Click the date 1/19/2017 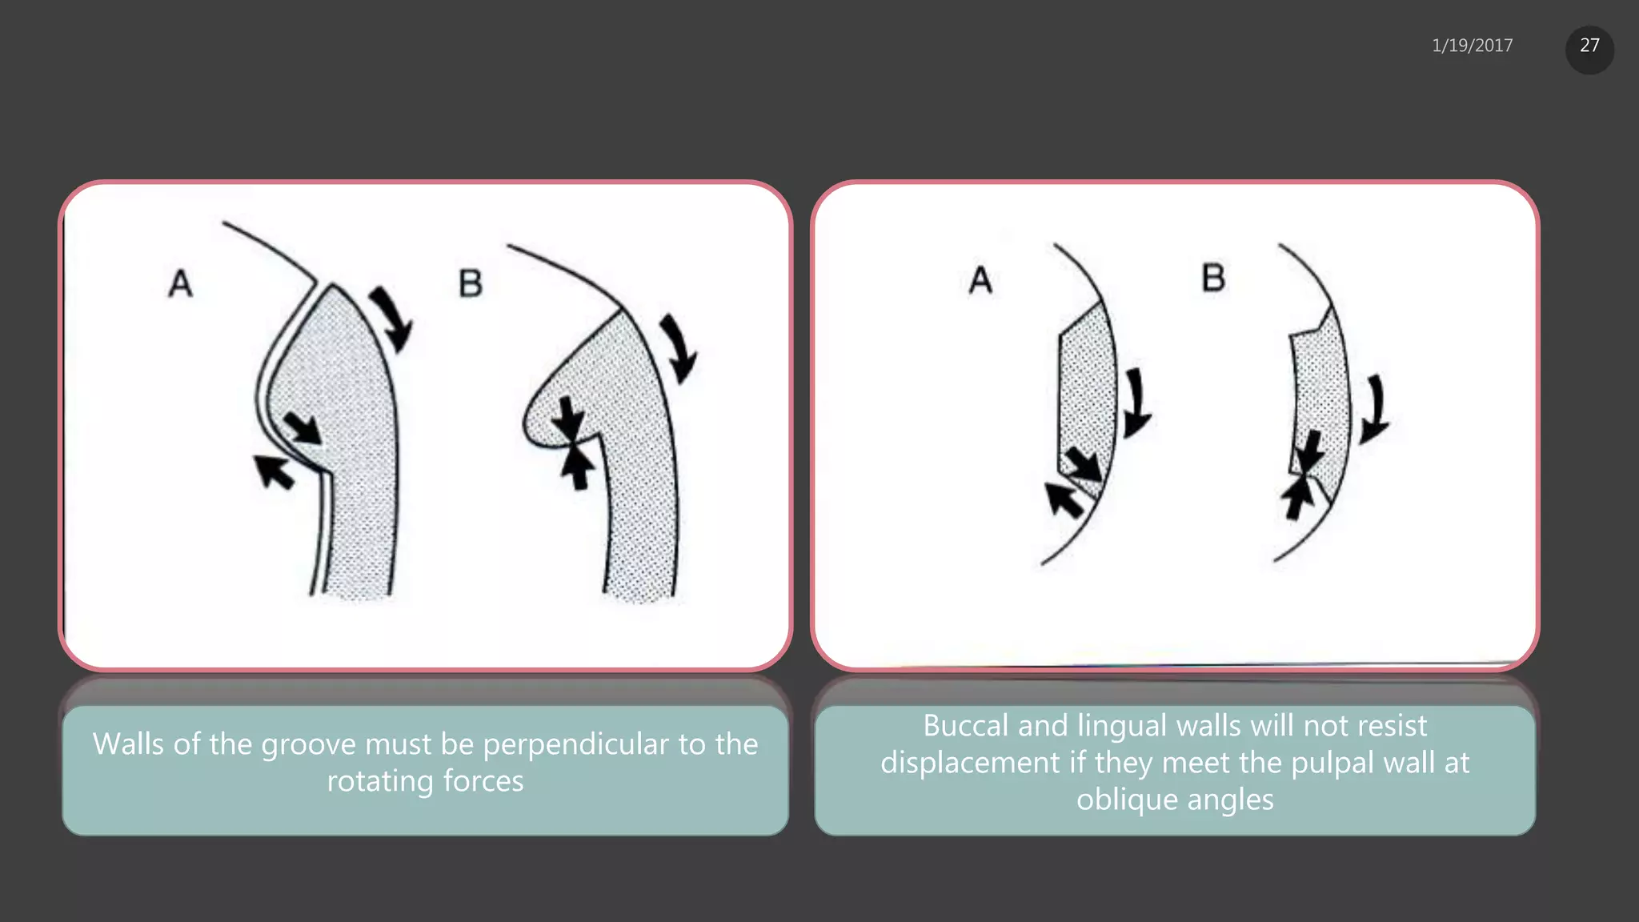[1472, 46]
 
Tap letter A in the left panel [181, 283]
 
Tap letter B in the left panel [471, 283]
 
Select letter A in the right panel [980, 280]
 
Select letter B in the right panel [1213, 278]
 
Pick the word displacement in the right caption [970, 763]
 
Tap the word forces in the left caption [483, 781]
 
